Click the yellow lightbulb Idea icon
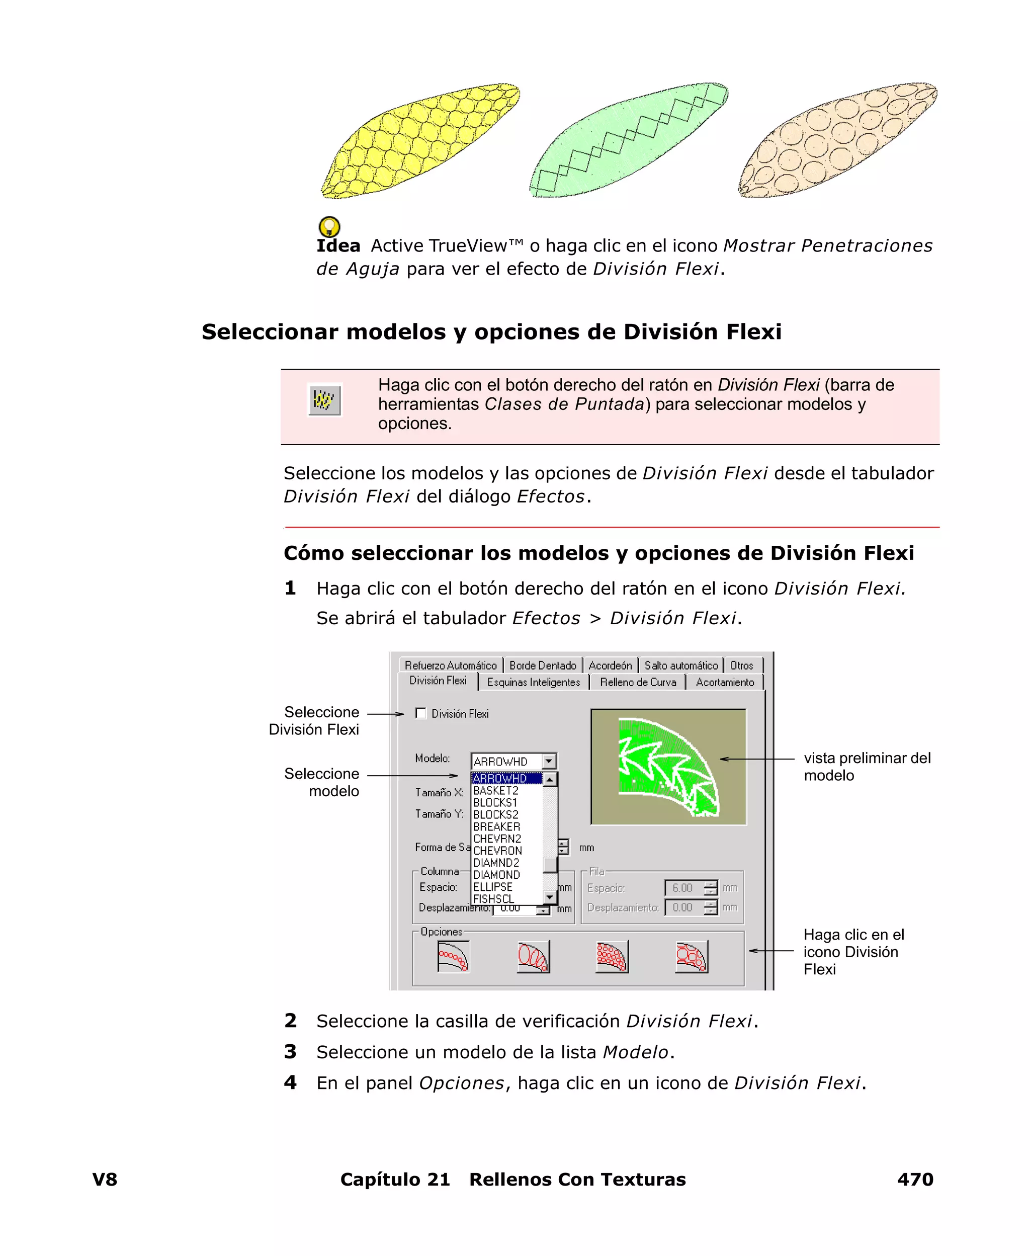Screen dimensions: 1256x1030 pyautogui.click(x=329, y=226)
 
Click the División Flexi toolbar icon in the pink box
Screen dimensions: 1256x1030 pyautogui.click(x=324, y=399)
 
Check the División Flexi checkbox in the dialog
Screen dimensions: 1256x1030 pyautogui.click(x=420, y=713)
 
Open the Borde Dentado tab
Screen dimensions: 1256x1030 pyautogui.click(x=542, y=665)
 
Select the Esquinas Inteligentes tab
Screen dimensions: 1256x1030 pyautogui.click(x=534, y=682)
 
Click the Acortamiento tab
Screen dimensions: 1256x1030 pyautogui.click(x=724, y=682)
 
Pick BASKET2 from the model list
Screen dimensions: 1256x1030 pyautogui.click(x=496, y=791)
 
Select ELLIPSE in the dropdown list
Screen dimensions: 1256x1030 pyautogui.click(x=493, y=887)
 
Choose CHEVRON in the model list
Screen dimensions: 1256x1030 pyautogui.click(x=498, y=851)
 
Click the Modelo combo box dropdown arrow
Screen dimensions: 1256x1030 pyautogui.click(x=549, y=761)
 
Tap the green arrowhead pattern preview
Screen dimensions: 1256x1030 pyautogui.click(x=667, y=767)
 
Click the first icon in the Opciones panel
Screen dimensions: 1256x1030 pyautogui.click(x=453, y=956)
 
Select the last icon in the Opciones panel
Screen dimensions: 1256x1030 pyautogui.click(x=691, y=956)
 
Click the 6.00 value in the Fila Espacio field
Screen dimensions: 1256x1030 pyautogui.click(x=683, y=888)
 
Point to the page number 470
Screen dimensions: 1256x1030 pyautogui.click(x=915, y=1179)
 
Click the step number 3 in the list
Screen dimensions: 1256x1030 pyautogui.click(x=290, y=1052)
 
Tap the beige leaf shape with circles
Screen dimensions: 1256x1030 pyautogui.click(x=837, y=141)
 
